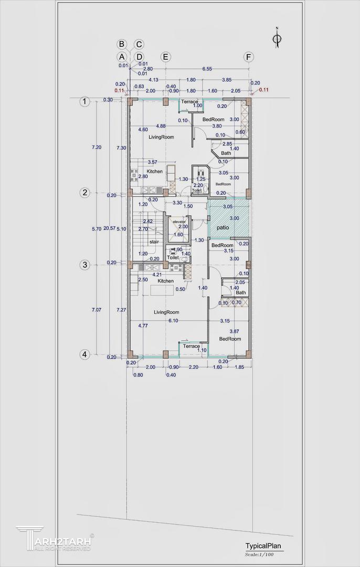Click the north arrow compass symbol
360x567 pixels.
277,38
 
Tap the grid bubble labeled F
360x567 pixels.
248,57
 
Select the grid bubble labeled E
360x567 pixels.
165,57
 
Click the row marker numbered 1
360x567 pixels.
85,101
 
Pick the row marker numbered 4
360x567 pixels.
85,354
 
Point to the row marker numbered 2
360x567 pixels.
85,193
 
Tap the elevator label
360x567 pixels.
179,222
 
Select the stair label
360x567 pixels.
154,242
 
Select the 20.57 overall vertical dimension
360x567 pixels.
109,228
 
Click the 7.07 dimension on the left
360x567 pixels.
96,310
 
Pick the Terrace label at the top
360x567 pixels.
189,101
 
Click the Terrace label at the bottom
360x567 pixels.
192,346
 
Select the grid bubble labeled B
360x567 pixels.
122,44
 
